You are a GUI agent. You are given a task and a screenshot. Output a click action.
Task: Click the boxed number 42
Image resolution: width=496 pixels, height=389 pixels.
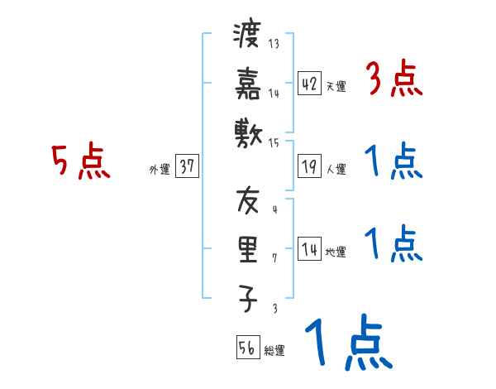point(309,84)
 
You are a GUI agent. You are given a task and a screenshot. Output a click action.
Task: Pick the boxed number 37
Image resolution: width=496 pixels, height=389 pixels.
point(187,166)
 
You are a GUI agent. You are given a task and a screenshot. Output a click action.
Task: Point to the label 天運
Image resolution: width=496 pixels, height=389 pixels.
point(336,86)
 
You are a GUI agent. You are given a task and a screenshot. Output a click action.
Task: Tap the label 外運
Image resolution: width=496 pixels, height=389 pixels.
point(160,169)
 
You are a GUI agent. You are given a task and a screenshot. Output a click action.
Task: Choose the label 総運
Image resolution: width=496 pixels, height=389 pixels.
point(274,350)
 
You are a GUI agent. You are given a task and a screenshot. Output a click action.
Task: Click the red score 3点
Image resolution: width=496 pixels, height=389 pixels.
point(394,81)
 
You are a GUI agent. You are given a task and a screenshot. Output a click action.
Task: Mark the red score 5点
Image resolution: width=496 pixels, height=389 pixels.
point(80,162)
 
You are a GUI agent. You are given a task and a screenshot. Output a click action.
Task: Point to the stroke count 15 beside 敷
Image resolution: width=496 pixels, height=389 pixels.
point(274,142)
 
